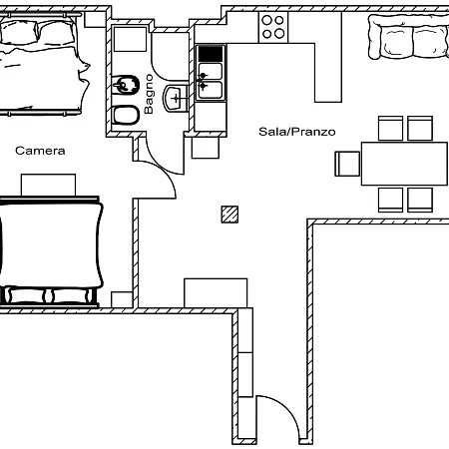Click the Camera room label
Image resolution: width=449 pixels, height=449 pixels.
coord(40,151)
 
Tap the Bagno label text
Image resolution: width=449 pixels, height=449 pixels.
coord(149,94)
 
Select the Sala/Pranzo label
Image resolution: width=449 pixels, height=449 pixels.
coord(297,132)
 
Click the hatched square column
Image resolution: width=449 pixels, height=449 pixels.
coord(229,215)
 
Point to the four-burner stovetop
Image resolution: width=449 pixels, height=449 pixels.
coord(273,27)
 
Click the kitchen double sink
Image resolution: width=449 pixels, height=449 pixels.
coord(211,81)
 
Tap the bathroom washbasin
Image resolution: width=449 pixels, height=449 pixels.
coord(176,98)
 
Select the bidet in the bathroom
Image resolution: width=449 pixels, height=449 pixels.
coord(126,85)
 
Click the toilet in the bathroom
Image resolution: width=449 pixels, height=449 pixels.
coord(126,115)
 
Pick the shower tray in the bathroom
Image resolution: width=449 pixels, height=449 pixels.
coord(130,39)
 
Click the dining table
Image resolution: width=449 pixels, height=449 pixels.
coord(404,164)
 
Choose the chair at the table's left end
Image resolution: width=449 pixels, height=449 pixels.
coord(347,164)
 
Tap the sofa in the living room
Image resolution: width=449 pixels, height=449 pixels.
coord(408,37)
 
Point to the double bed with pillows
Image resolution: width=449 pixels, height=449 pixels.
coord(42,64)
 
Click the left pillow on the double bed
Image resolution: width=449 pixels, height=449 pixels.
coord(19,32)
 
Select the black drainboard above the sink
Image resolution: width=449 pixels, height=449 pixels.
coord(211,54)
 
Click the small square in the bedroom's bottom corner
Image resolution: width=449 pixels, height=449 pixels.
coord(122,299)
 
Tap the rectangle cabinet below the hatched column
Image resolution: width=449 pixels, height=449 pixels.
coord(216,292)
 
